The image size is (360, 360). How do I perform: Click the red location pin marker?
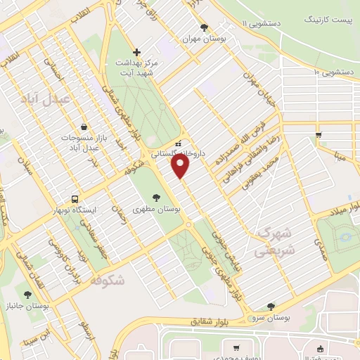click(181, 166)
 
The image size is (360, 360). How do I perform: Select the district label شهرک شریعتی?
click(276, 240)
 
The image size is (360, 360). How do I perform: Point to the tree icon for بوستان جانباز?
click(27, 295)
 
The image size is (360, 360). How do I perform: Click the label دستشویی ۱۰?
click(335, 72)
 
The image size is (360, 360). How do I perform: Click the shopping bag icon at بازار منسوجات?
click(84, 127)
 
